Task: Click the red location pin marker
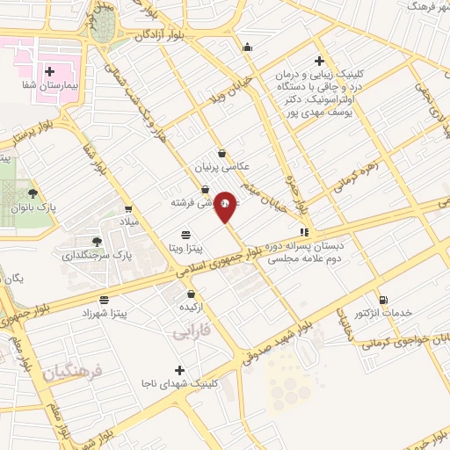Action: (x=226, y=207)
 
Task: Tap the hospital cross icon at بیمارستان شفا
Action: (x=49, y=72)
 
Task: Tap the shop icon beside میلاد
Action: (x=128, y=209)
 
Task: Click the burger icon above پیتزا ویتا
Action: (x=185, y=235)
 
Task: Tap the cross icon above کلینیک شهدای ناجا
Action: (x=180, y=370)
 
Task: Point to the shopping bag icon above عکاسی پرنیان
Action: (x=221, y=152)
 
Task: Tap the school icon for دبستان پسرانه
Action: (x=304, y=233)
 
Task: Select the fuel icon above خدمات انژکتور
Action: (x=383, y=299)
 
